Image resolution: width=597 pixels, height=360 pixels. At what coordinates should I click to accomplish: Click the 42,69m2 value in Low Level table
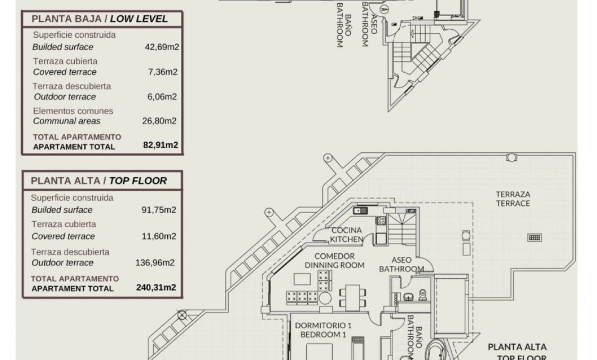coord(162,47)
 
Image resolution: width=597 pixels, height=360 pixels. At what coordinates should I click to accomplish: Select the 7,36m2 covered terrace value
coord(162,72)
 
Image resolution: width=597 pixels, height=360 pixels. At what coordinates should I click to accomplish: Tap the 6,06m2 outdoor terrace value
coord(162,97)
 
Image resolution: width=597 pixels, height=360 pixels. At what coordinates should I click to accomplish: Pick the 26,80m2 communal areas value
coord(159,121)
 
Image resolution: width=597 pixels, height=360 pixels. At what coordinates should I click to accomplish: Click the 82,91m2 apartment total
coord(161,145)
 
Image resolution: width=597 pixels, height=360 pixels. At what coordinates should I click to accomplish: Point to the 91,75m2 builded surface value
coord(159,210)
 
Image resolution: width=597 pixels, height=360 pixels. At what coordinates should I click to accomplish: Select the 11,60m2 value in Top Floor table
coord(159,236)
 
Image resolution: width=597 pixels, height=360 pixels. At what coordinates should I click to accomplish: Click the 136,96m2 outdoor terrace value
coord(155,263)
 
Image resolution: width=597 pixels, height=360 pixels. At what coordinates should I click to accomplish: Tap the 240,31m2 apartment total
coord(156,287)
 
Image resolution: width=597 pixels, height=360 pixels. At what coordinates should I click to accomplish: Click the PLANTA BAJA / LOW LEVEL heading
coord(99,19)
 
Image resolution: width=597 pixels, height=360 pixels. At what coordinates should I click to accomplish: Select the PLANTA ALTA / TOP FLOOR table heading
coord(99,181)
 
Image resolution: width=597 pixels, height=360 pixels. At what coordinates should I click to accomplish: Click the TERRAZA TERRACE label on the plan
coord(513,199)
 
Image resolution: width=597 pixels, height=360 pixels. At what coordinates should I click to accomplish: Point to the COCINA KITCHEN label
coord(346,235)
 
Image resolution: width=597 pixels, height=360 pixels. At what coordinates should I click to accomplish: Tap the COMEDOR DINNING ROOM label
coord(335,261)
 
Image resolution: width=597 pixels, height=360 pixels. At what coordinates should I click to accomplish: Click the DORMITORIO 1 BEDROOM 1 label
coord(323,330)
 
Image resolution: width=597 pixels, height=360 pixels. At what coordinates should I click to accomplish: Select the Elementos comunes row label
coord(73,111)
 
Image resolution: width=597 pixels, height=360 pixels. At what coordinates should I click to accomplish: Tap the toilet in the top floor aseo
coord(422,295)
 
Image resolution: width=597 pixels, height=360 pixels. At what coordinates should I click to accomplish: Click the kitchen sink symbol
coord(360,210)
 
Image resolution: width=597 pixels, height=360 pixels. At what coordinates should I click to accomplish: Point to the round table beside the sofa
coord(325,298)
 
